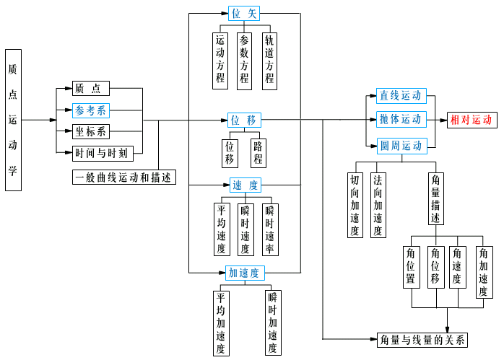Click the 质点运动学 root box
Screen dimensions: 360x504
coord(13,120)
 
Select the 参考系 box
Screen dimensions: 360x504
coord(91,110)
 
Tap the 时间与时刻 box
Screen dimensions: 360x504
coord(103,153)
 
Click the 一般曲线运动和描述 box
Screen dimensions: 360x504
coord(124,177)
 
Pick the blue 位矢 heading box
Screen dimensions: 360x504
coord(244,13)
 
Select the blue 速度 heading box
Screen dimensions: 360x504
coord(246,185)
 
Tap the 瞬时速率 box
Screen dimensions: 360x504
coord(270,229)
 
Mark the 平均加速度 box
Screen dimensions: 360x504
coord(220,322)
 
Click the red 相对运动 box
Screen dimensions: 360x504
coord(471,120)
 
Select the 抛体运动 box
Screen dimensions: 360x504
coord(401,119)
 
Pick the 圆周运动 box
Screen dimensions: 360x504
coord(401,145)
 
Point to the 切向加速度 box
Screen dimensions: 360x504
coord(355,205)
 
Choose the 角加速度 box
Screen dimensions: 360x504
coord(484,272)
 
